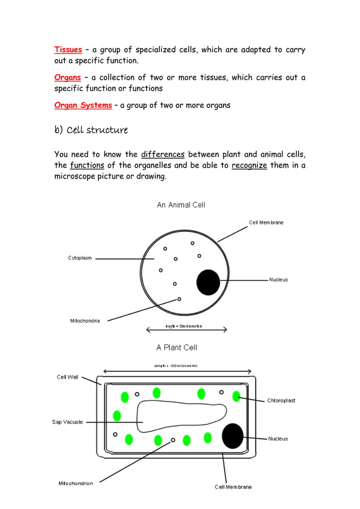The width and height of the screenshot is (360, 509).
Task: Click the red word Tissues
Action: [68, 50]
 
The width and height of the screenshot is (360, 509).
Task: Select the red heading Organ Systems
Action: [83, 105]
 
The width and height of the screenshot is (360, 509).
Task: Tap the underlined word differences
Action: [163, 155]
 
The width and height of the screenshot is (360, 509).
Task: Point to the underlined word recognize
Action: [249, 165]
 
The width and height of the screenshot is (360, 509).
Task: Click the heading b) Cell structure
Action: [91, 130]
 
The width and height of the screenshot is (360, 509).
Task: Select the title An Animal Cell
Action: [181, 205]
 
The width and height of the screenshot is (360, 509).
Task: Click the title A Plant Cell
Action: [177, 348]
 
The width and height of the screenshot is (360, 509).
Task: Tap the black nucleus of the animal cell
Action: [208, 282]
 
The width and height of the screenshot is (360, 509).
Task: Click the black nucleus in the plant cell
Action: [232, 436]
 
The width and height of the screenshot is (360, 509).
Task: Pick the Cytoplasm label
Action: [80, 258]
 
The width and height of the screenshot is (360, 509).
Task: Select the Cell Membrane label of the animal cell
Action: [266, 222]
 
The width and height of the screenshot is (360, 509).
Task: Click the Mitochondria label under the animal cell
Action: [85, 321]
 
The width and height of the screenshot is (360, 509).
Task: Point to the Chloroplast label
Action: [281, 401]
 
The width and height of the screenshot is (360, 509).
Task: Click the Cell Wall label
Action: [68, 377]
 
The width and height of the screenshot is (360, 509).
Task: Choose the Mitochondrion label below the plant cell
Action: [76, 483]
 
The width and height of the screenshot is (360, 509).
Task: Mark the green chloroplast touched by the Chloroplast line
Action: [236, 396]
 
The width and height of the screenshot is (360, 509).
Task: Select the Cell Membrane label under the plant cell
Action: [233, 487]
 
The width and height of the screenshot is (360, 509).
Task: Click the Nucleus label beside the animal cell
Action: [278, 280]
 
